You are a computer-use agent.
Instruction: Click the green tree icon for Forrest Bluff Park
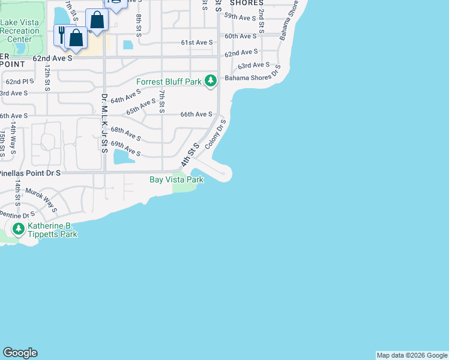point(210,81)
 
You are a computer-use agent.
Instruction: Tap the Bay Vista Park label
point(176,179)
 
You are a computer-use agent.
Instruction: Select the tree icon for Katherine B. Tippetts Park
point(19,229)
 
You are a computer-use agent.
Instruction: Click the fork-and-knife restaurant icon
point(62,33)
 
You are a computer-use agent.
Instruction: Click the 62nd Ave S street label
point(52,59)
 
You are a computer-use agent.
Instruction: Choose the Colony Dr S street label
point(215,134)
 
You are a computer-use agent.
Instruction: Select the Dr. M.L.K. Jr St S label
point(104,122)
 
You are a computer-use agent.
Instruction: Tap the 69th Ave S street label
point(125,149)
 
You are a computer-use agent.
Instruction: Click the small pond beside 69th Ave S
point(123,157)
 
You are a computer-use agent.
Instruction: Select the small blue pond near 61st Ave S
point(128,44)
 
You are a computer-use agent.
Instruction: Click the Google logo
point(20,353)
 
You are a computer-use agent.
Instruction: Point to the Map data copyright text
point(412,355)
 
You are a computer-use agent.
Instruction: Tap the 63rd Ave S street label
point(253,65)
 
